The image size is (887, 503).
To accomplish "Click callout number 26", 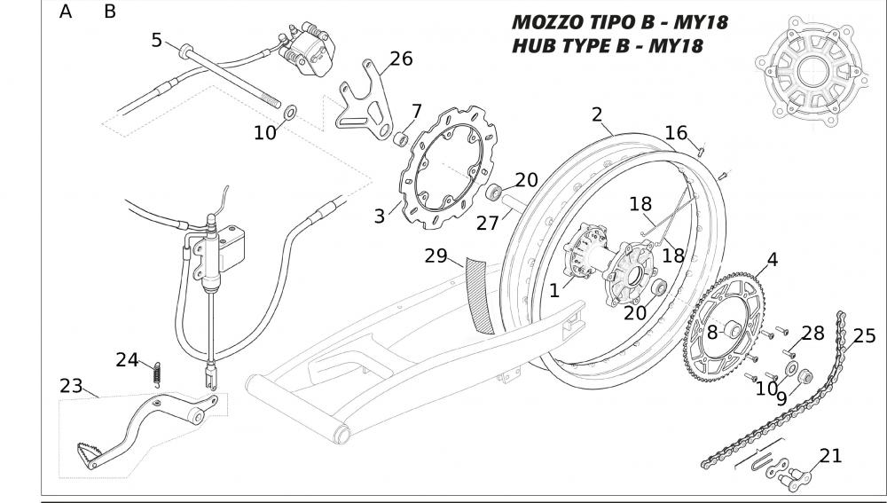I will coord(401,59).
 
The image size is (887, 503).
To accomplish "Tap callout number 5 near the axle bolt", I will coord(157,40).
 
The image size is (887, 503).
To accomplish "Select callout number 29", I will coord(436,256).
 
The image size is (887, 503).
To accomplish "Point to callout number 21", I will coord(830,456).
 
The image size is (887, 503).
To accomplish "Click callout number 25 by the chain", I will coord(864,335).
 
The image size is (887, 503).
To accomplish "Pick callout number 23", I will coord(71,386).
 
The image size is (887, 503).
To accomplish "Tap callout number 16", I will coord(676,133).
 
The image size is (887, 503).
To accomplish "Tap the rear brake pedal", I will coord(151,426).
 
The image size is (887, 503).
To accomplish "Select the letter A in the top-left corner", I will coord(66,12).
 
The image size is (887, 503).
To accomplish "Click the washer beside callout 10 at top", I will coord(290,114).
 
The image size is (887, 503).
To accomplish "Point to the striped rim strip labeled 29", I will coord(480,293).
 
